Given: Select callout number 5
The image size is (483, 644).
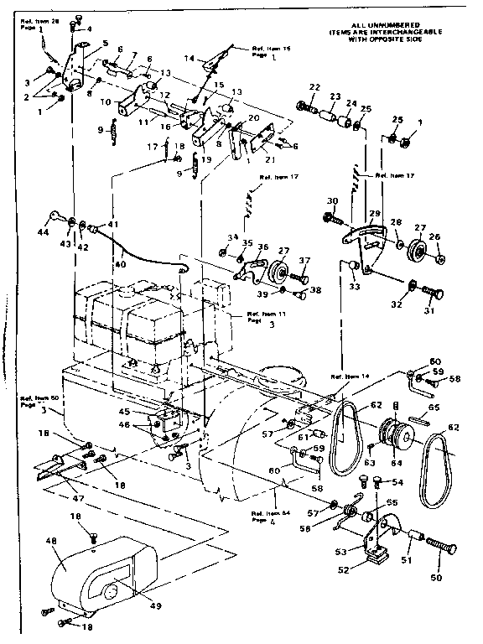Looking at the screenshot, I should (x=106, y=43).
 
